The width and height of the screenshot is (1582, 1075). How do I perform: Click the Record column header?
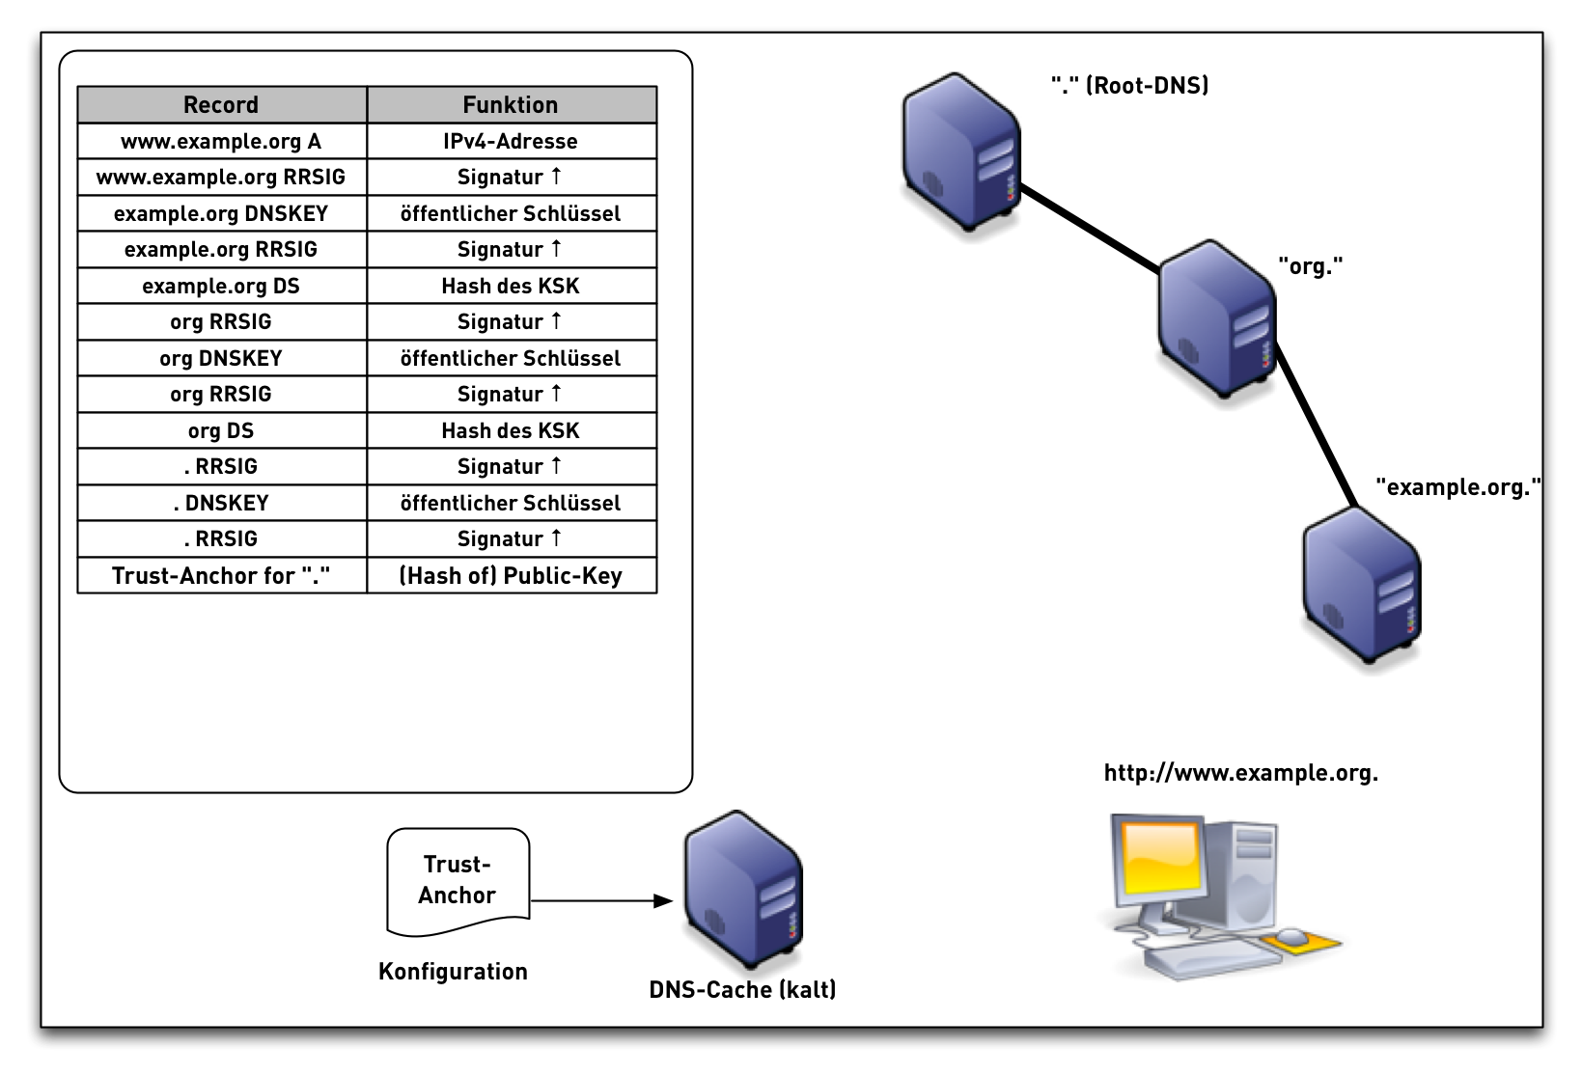(221, 105)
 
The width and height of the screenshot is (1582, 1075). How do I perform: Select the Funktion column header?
(511, 105)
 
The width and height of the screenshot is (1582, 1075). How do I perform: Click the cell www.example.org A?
(221, 142)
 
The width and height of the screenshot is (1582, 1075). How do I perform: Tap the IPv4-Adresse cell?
(511, 142)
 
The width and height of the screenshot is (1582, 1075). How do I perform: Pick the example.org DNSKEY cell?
(221, 214)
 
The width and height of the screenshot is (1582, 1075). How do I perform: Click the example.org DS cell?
(221, 287)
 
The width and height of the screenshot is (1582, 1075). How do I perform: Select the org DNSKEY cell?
(221, 359)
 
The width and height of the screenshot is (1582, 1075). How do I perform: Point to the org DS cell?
(221, 431)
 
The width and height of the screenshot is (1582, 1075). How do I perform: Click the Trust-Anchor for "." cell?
(221, 576)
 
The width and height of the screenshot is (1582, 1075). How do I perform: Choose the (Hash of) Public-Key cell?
(511, 576)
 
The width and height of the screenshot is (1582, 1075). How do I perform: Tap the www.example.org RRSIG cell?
(221, 178)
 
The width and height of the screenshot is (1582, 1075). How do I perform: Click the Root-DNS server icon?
(961, 154)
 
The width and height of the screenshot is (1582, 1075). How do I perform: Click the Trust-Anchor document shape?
(458, 881)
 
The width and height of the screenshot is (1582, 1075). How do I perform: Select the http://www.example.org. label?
(1240, 773)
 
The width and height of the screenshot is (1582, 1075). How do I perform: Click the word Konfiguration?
(453, 972)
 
